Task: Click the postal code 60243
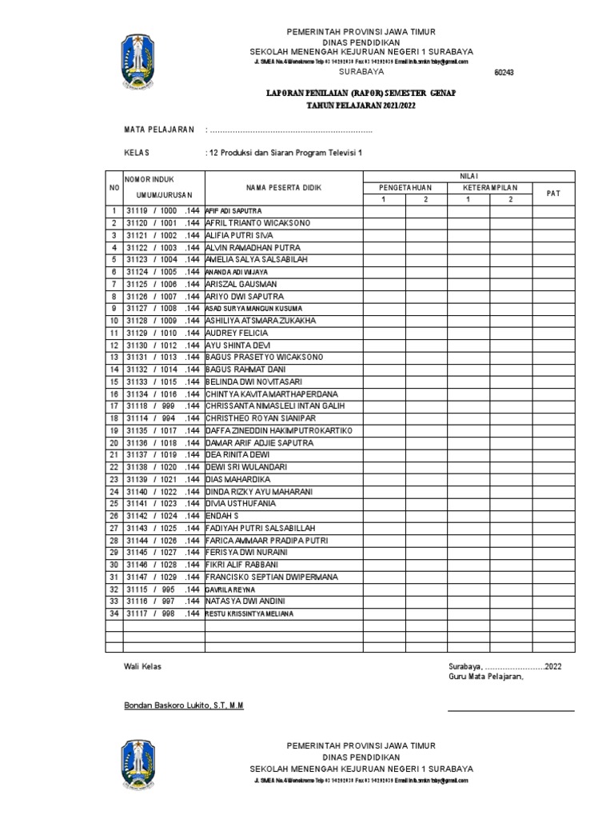tap(504, 73)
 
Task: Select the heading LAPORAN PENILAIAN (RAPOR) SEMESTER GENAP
tap(361, 94)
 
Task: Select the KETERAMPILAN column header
tap(489, 187)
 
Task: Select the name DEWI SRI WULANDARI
tap(246, 467)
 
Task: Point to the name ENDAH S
tap(223, 516)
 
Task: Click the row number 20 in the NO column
tap(114, 442)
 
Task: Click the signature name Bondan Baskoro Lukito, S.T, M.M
tap(184, 705)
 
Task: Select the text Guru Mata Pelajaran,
tap(484, 677)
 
